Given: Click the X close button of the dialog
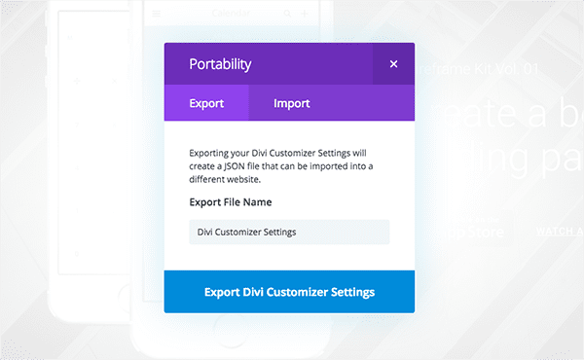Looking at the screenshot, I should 393,64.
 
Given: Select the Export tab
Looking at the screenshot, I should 206,102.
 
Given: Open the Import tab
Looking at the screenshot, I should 292,102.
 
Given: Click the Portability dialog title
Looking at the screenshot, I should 220,64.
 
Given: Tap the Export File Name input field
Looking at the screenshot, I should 289,232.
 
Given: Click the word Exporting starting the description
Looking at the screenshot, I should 215,153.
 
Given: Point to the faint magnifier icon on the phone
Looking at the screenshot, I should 287,13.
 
